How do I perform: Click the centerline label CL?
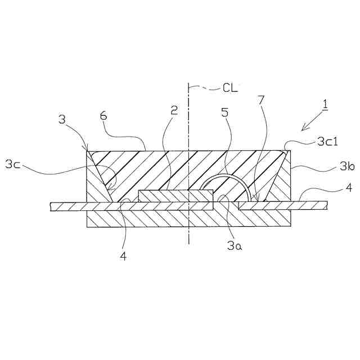tap(229, 87)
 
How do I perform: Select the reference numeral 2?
tap(174, 110)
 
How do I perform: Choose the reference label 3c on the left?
tap(14, 164)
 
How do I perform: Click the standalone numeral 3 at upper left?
tap(62, 119)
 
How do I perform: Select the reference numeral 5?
tap(225, 111)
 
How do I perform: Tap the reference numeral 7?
tap(260, 100)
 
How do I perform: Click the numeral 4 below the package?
tap(123, 255)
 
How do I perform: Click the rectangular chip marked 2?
tap(175, 196)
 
